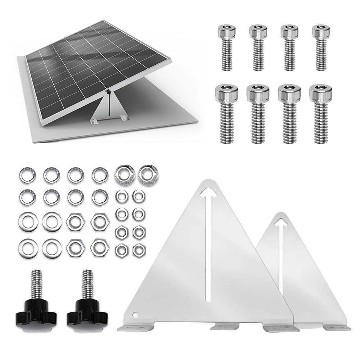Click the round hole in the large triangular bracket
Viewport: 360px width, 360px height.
[x=135, y=315]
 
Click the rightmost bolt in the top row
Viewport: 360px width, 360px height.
[x=321, y=47]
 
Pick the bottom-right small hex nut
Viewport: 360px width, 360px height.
[x=139, y=250]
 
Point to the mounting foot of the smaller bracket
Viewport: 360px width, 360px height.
[x=337, y=327]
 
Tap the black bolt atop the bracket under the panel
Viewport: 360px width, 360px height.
[x=107, y=92]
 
